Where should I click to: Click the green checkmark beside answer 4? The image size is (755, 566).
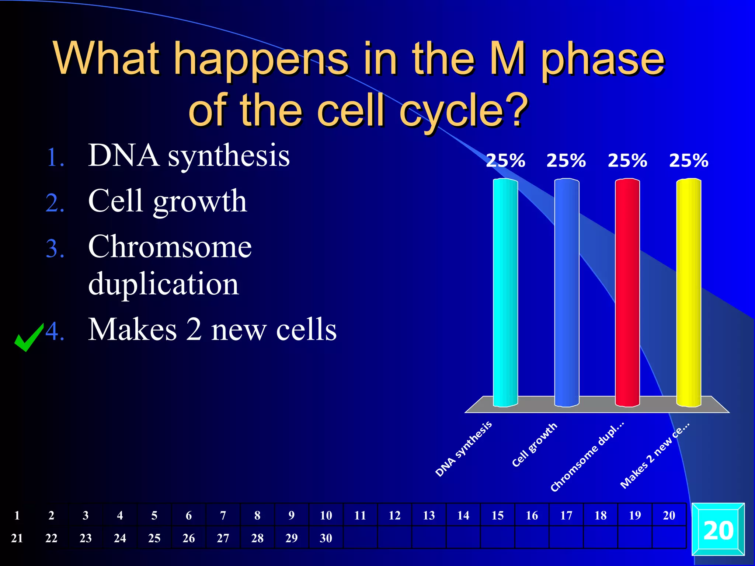click(x=28, y=338)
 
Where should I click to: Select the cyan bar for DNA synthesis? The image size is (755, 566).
click(x=505, y=293)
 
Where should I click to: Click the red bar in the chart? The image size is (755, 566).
click(x=627, y=293)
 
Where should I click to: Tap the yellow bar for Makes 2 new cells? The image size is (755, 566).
click(x=688, y=293)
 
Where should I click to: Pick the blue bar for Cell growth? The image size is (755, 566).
click(x=567, y=293)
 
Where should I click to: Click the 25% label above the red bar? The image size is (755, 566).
click(x=627, y=161)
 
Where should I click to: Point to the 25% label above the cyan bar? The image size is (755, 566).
click(x=505, y=161)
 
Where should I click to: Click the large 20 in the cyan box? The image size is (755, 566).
click(x=718, y=531)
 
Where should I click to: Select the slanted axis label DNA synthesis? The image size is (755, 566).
click(x=463, y=449)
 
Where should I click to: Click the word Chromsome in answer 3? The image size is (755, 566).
click(x=170, y=247)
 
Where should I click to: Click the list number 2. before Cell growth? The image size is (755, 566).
click(x=55, y=203)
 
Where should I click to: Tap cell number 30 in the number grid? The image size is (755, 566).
click(x=326, y=538)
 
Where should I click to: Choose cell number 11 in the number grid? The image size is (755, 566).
click(x=360, y=515)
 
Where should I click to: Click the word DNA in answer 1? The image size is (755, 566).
click(x=123, y=156)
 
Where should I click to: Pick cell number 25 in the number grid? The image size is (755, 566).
click(x=154, y=538)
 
